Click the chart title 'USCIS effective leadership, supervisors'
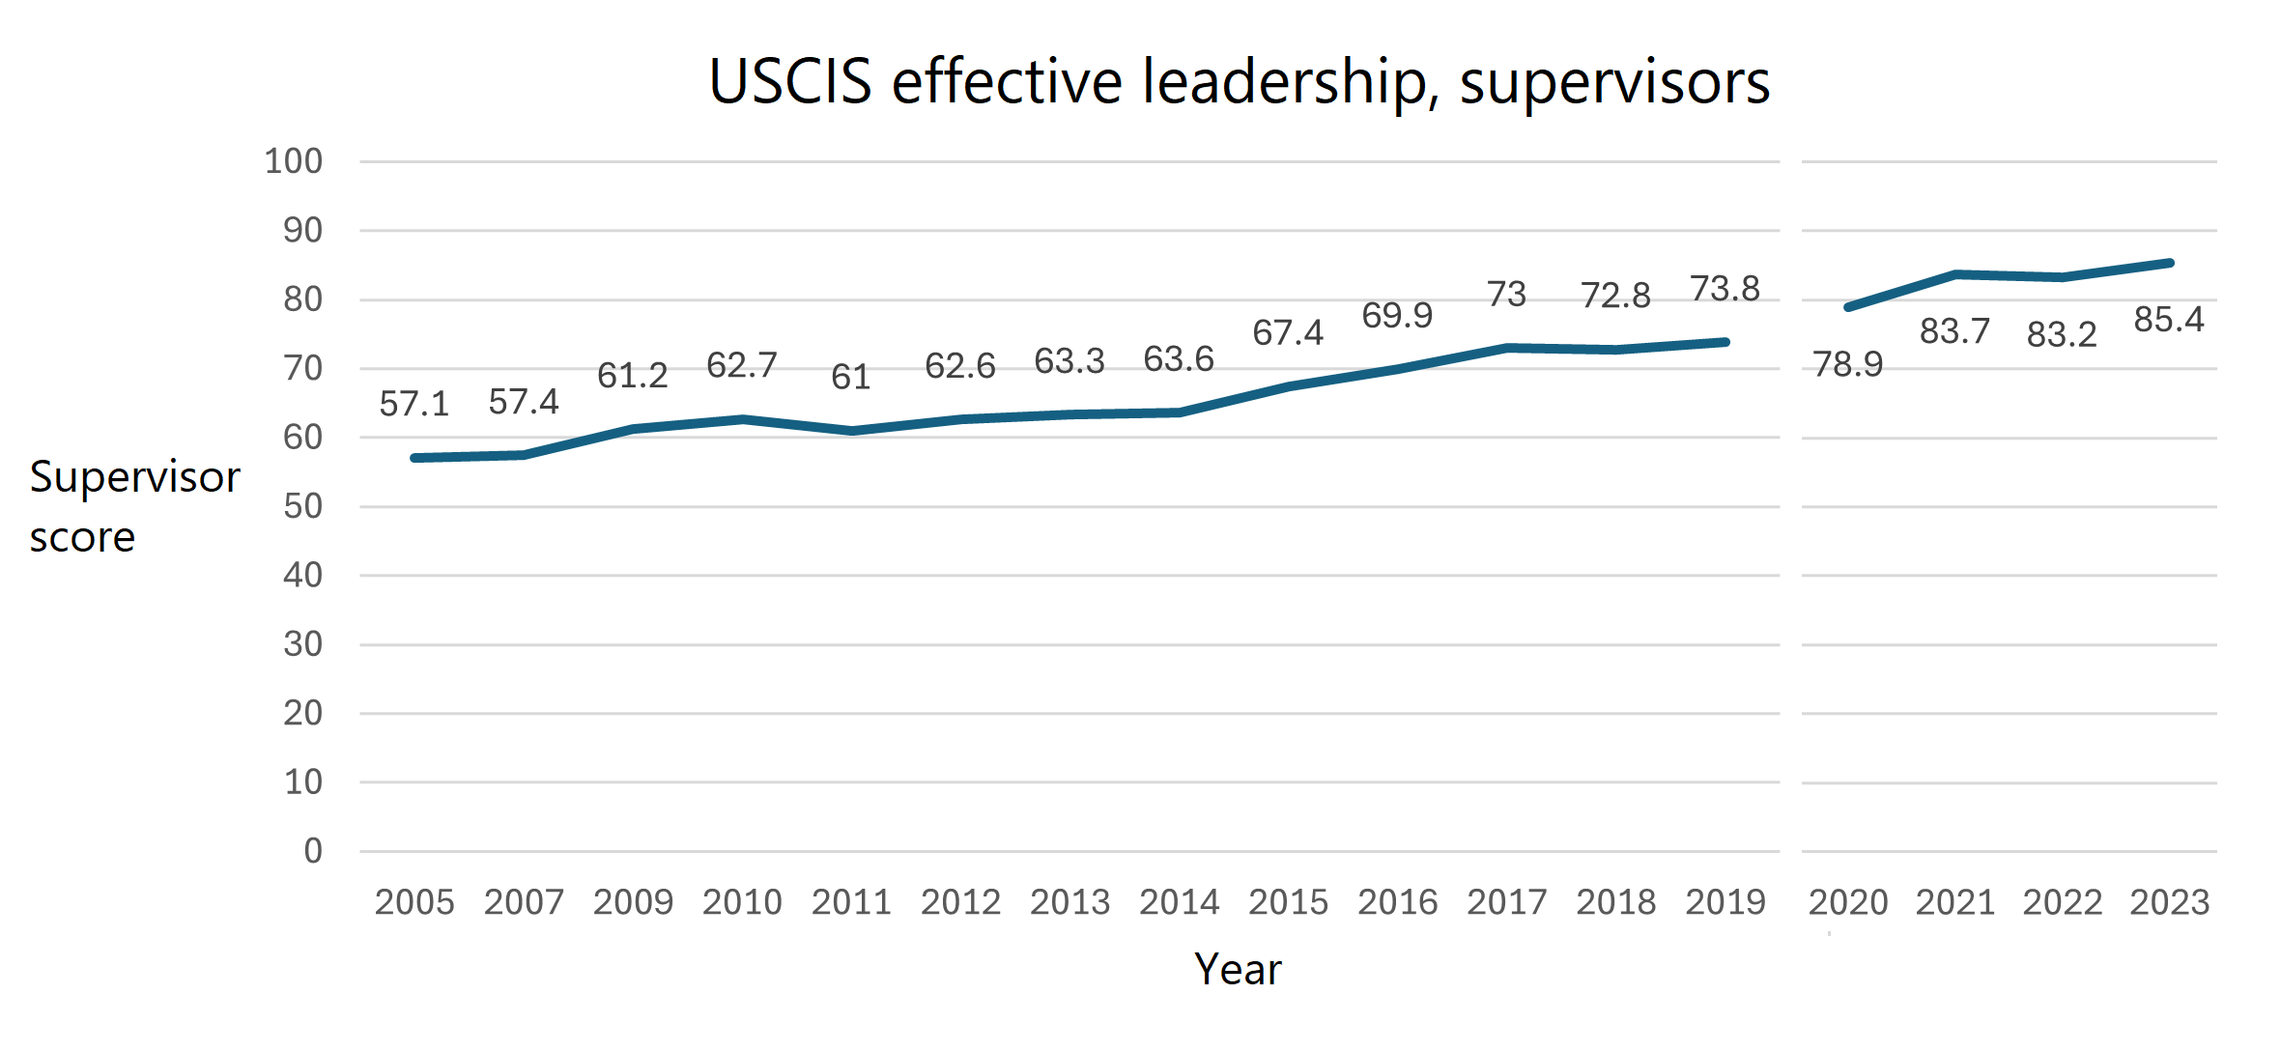coord(1239,81)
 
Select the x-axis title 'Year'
coord(1238,969)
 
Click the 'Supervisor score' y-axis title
coord(134,506)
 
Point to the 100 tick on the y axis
coord(294,161)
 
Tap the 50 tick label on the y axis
coord(302,506)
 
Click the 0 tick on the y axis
coord(313,851)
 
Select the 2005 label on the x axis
coord(414,902)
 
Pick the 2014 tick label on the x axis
coord(1179,902)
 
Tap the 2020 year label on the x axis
coord(1847,902)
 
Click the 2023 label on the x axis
coord(2170,902)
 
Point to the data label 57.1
coord(414,404)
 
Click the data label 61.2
coord(633,375)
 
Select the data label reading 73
coord(1506,294)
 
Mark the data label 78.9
coord(1847,364)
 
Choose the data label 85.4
coord(2169,320)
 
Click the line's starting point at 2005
coord(415,458)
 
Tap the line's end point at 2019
coord(1725,342)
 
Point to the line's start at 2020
coord(1848,307)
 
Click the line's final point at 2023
coord(2170,263)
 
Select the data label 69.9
coord(1397,315)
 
